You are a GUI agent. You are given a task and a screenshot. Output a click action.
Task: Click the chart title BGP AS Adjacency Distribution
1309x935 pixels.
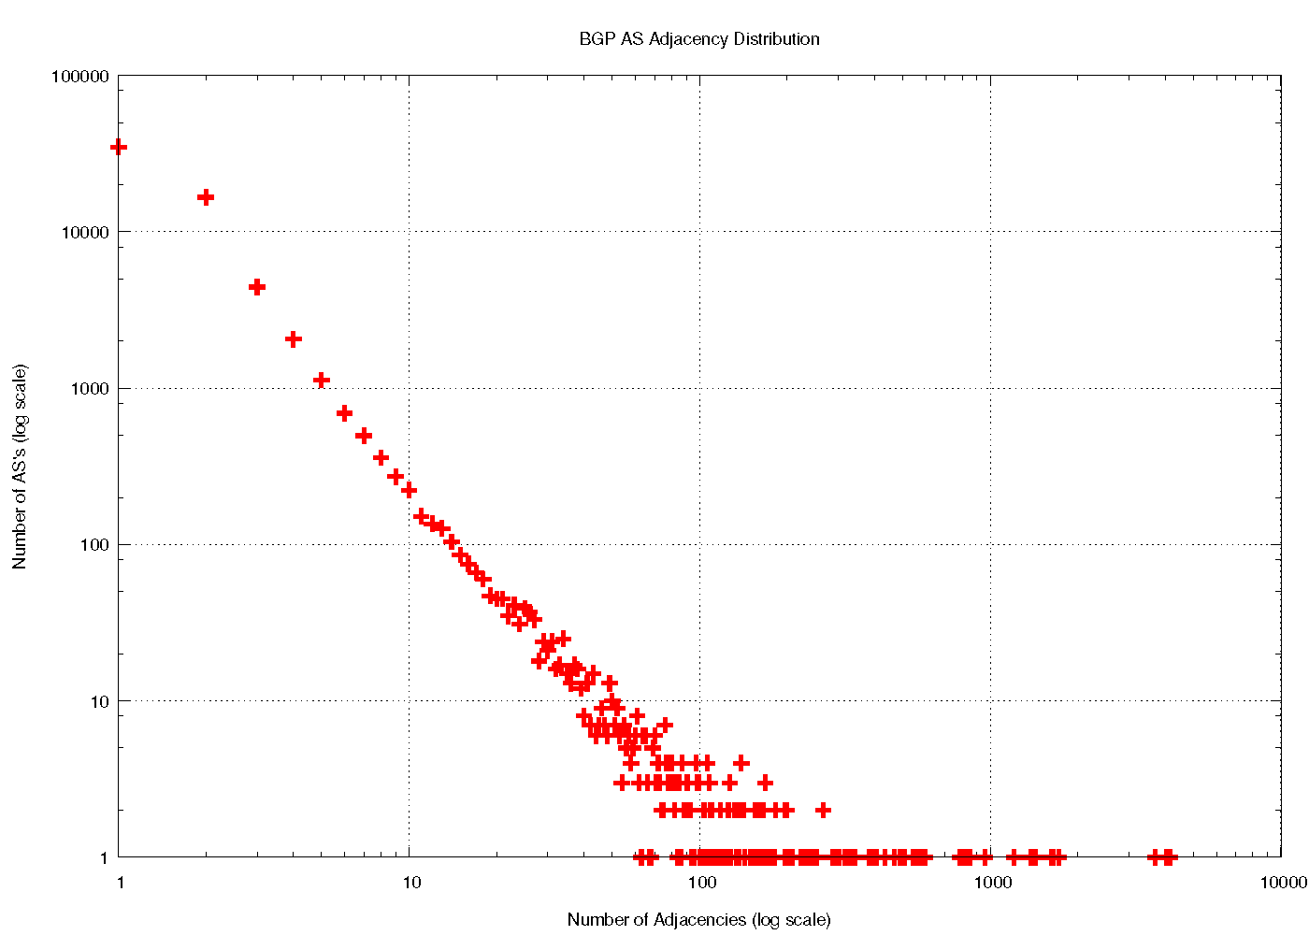tap(699, 39)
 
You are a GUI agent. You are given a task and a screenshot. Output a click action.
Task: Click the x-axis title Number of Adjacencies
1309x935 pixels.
tap(698, 919)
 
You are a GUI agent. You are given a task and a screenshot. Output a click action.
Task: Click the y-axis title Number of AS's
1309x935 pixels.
tap(20, 467)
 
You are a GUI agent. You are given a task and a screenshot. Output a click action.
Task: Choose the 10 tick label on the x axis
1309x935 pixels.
tap(410, 882)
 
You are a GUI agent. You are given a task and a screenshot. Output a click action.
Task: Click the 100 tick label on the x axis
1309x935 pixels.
tap(701, 882)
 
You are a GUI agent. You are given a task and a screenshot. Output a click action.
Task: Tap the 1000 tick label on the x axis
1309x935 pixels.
tap(991, 882)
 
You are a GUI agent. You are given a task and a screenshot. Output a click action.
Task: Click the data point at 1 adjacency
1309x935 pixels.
tap(119, 147)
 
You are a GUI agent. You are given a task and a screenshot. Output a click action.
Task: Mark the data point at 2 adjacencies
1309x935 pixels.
tap(206, 197)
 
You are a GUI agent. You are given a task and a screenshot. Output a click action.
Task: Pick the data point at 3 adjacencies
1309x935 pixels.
tap(257, 287)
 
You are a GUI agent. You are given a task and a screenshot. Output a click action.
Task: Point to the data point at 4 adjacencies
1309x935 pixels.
tap(294, 339)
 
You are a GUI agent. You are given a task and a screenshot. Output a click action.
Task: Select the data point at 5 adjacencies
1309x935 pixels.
tap(322, 380)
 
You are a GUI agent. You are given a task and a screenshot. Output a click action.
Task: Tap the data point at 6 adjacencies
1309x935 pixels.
tap(344, 413)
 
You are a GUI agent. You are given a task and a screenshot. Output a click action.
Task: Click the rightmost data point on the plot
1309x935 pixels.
tap(1168, 856)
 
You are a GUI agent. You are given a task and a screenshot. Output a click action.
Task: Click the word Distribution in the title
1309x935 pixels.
tap(776, 39)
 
